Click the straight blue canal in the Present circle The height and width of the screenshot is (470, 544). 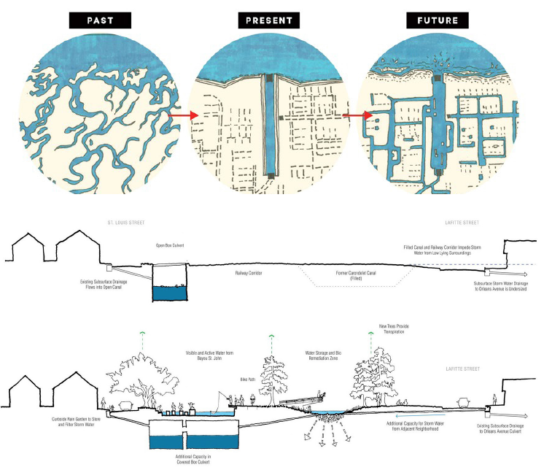click(270, 124)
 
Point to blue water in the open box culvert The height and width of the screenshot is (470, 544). click(169, 293)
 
